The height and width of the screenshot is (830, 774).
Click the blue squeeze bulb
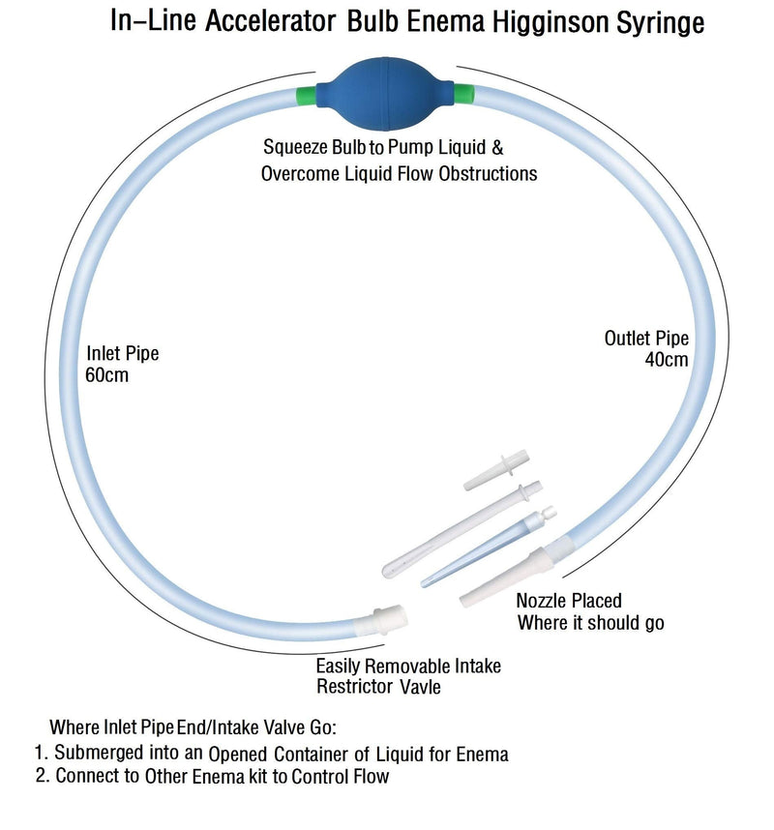385,94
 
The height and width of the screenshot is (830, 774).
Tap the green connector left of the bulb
307,96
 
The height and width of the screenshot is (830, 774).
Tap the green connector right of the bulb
463,93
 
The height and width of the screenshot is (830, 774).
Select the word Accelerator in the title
271,21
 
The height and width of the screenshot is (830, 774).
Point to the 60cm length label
106,374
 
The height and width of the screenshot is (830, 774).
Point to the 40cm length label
667,360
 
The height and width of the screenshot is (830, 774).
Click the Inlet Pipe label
122,353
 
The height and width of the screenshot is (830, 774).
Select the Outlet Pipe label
646,338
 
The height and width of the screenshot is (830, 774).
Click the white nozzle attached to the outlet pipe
508,577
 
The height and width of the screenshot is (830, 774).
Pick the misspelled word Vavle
420,687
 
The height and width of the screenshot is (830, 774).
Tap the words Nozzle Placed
569,601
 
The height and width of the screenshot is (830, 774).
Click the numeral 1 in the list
39,753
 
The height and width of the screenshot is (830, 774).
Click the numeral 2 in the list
41,776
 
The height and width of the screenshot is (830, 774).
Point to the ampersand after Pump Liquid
496,147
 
